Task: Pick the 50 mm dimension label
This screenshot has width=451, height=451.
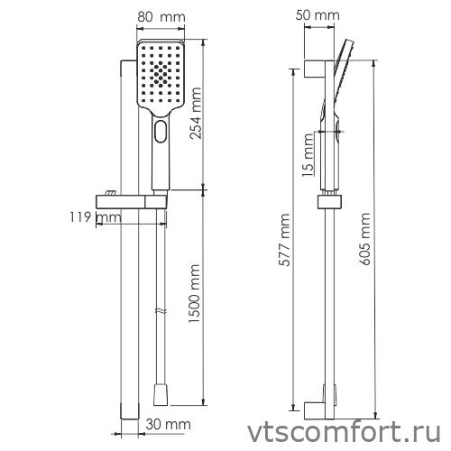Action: [x=318, y=15]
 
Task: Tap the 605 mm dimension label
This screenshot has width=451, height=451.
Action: [x=364, y=236]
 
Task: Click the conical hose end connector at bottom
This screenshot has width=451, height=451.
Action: [x=161, y=394]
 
